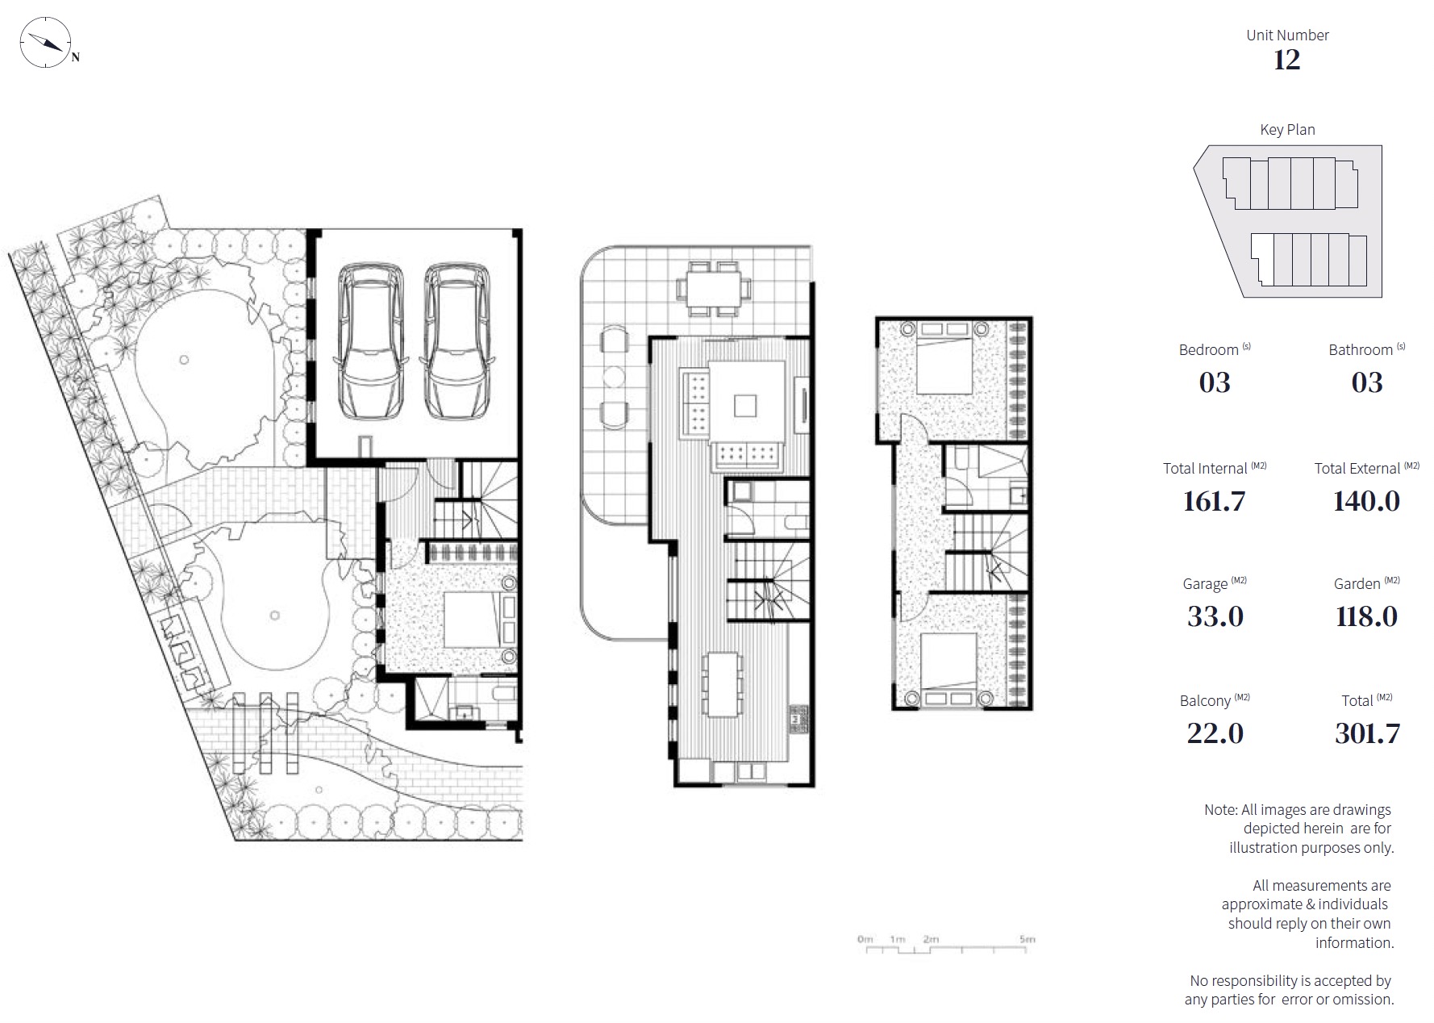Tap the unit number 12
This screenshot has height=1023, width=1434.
[x=1286, y=60]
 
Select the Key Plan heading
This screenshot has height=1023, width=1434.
[x=1287, y=129]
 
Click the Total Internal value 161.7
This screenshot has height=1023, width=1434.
[x=1214, y=501]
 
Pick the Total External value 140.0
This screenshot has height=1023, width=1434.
[x=1366, y=501]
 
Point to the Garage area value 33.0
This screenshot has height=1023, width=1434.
[x=1215, y=616]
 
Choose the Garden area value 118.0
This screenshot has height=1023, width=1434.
[x=1366, y=616]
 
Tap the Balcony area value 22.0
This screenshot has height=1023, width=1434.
[x=1215, y=733]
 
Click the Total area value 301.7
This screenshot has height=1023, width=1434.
[x=1367, y=733]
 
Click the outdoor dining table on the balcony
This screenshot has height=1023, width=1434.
[x=714, y=288]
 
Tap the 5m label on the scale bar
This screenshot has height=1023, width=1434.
[x=1027, y=939]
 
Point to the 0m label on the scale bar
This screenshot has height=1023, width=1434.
[x=865, y=939]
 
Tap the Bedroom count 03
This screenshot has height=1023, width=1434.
[x=1215, y=382]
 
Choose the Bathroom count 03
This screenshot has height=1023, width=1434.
[x=1367, y=382]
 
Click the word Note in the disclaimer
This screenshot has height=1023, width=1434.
[x=1219, y=810]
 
